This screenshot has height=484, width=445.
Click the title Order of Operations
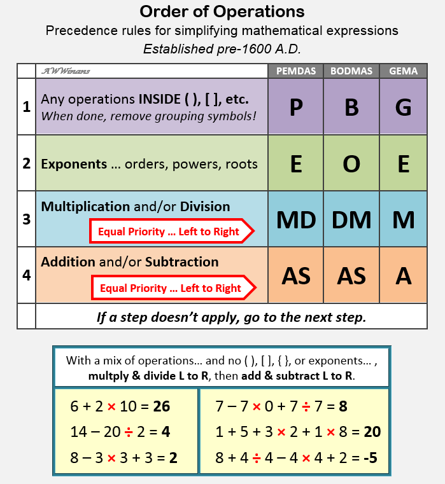coord(222,11)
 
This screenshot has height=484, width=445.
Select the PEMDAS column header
coord(295,71)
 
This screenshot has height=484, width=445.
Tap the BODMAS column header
coord(351,71)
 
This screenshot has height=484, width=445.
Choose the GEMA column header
coord(403,71)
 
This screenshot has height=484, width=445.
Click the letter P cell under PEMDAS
coord(295,107)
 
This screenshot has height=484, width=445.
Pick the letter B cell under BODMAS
coord(351,107)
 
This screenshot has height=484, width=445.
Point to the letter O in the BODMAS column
coord(351,163)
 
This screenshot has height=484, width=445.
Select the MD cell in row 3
coord(295,219)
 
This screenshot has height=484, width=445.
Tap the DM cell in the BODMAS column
coord(351,219)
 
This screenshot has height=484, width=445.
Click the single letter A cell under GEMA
coord(403,275)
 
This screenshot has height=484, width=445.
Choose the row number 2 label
coord(26,163)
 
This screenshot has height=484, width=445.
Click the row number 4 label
coord(26,275)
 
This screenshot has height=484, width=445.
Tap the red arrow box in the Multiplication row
coord(172,232)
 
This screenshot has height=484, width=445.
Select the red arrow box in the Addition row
coord(173,288)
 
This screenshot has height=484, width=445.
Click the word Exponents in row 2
coord(74,164)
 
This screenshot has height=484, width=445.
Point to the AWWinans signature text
coord(66,71)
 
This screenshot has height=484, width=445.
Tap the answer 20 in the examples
coord(372,432)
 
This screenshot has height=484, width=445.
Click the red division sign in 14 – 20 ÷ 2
coord(128,432)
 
